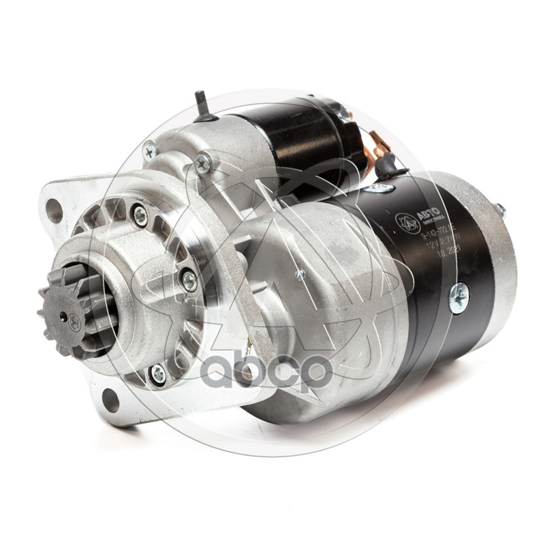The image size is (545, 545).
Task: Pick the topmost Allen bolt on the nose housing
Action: coord(141,215)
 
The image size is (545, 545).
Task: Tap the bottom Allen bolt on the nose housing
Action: coord(158,371)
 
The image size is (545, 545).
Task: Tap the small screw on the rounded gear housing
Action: coord(300,275)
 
